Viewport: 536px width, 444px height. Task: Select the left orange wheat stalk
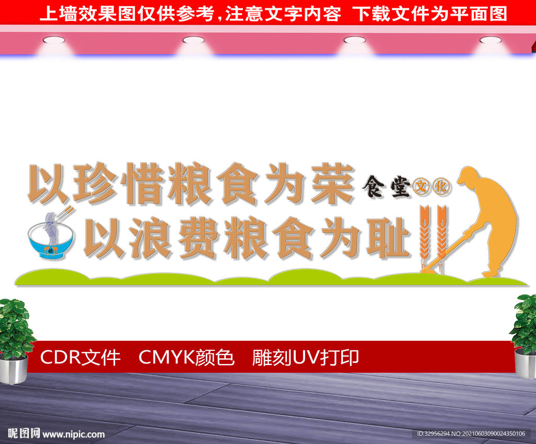click(x=424, y=237)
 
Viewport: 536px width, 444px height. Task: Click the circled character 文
click(x=421, y=187)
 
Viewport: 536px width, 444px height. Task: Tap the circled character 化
click(x=441, y=187)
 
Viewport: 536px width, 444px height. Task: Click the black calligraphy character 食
click(x=373, y=187)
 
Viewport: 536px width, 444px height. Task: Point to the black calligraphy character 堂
click(x=400, y=187)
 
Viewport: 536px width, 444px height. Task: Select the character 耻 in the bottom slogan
click(x=388, y=238)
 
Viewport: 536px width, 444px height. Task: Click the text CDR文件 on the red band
click(x=80, y=358)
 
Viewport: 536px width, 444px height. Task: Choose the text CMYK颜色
click(x=186, y=358)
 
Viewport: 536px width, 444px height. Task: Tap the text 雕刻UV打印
click(x=305, y=358)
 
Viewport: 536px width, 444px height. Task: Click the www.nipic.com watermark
click(x=73, y=434)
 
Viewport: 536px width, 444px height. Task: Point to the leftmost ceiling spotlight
click(x=54, y=40)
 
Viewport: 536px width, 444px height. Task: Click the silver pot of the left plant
click(x=14, y=369)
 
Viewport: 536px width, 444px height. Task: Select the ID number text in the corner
click(x=471, y=434)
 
